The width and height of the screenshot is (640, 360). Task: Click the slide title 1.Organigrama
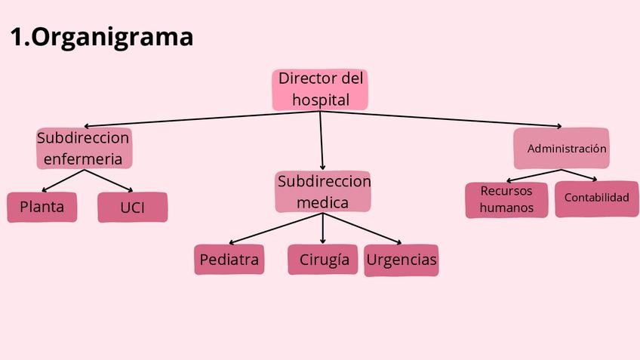102,36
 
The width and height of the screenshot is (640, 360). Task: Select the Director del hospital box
320,89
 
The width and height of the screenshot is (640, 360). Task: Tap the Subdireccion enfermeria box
84,149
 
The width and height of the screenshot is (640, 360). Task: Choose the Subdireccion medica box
323,192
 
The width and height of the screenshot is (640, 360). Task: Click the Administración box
562,149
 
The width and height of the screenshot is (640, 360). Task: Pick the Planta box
42,207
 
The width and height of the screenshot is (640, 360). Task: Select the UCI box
132,208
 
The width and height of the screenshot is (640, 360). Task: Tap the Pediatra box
229,260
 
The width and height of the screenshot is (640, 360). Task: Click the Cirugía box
323,260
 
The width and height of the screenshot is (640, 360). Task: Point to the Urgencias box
402,260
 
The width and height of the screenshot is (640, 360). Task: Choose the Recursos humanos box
506,199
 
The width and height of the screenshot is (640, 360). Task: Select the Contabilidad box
596,198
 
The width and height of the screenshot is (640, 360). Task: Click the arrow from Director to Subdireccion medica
322,140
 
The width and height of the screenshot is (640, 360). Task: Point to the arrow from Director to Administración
445,118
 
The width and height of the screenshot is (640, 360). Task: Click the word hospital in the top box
321,99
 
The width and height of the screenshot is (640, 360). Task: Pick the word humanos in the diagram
506,208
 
